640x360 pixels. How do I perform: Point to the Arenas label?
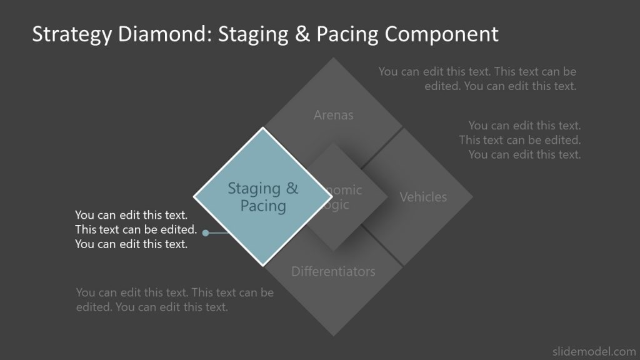333,115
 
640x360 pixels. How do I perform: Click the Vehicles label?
423,197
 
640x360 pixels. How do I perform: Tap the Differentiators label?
333,271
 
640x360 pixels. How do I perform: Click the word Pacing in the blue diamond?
263,206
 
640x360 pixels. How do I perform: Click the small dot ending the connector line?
206,233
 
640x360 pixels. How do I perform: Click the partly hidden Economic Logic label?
341,197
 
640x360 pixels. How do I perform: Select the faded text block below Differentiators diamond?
175,300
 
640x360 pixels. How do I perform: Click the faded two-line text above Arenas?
477,79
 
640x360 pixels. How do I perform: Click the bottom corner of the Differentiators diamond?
334,336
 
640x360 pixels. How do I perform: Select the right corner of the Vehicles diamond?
472,197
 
